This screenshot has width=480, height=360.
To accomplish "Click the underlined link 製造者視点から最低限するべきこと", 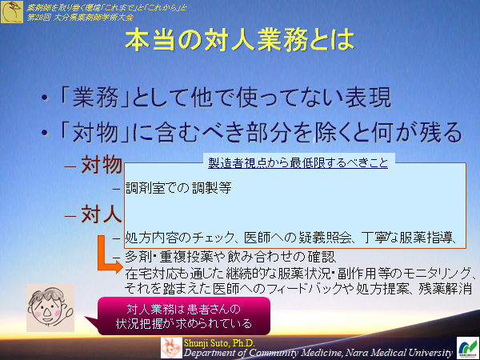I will (x=298, y=162).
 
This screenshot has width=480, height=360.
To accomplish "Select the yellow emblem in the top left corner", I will (x=11, y=11).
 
